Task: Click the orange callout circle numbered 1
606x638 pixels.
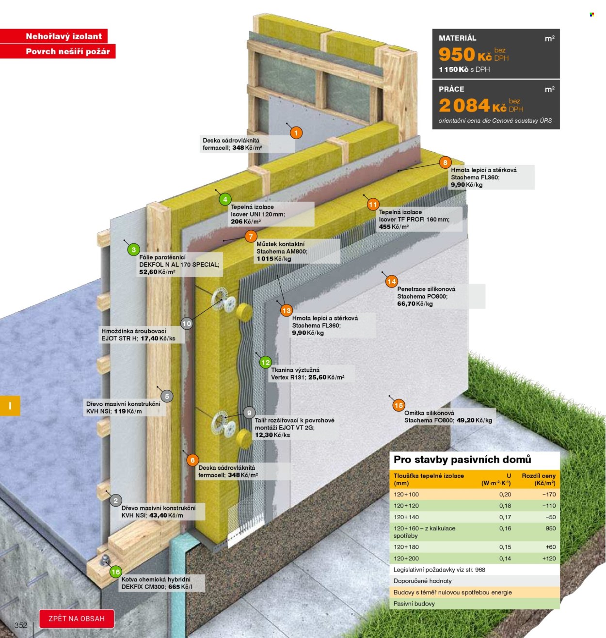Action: point(295,133)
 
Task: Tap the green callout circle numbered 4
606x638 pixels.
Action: point(224,199)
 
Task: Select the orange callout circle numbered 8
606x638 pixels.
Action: point(445,162)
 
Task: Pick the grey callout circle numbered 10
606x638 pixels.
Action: point(186,323)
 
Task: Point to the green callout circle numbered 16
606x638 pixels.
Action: point(115,572)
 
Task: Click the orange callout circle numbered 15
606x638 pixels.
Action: point(398,405)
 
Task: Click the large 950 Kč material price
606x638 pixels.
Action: point(464,54)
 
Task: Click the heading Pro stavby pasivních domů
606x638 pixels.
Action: point(462,460)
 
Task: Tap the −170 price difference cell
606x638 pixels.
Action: point(548,494)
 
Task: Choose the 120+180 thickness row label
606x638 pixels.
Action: point(405,547)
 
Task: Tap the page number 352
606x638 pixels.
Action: point(20,625)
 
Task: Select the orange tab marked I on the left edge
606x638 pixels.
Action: point(10,406)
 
